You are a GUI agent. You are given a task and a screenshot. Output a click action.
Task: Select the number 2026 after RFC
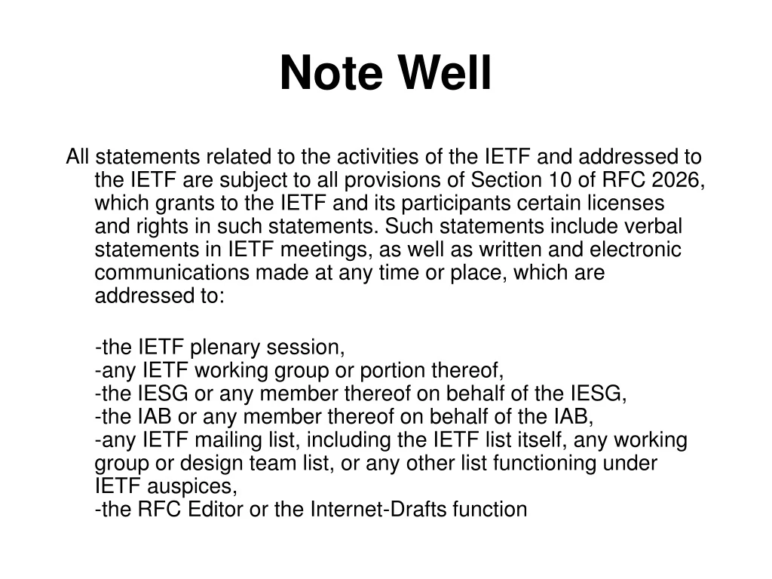tap(675, 180)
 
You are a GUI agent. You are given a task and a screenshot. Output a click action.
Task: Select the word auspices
tap(195, 486)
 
